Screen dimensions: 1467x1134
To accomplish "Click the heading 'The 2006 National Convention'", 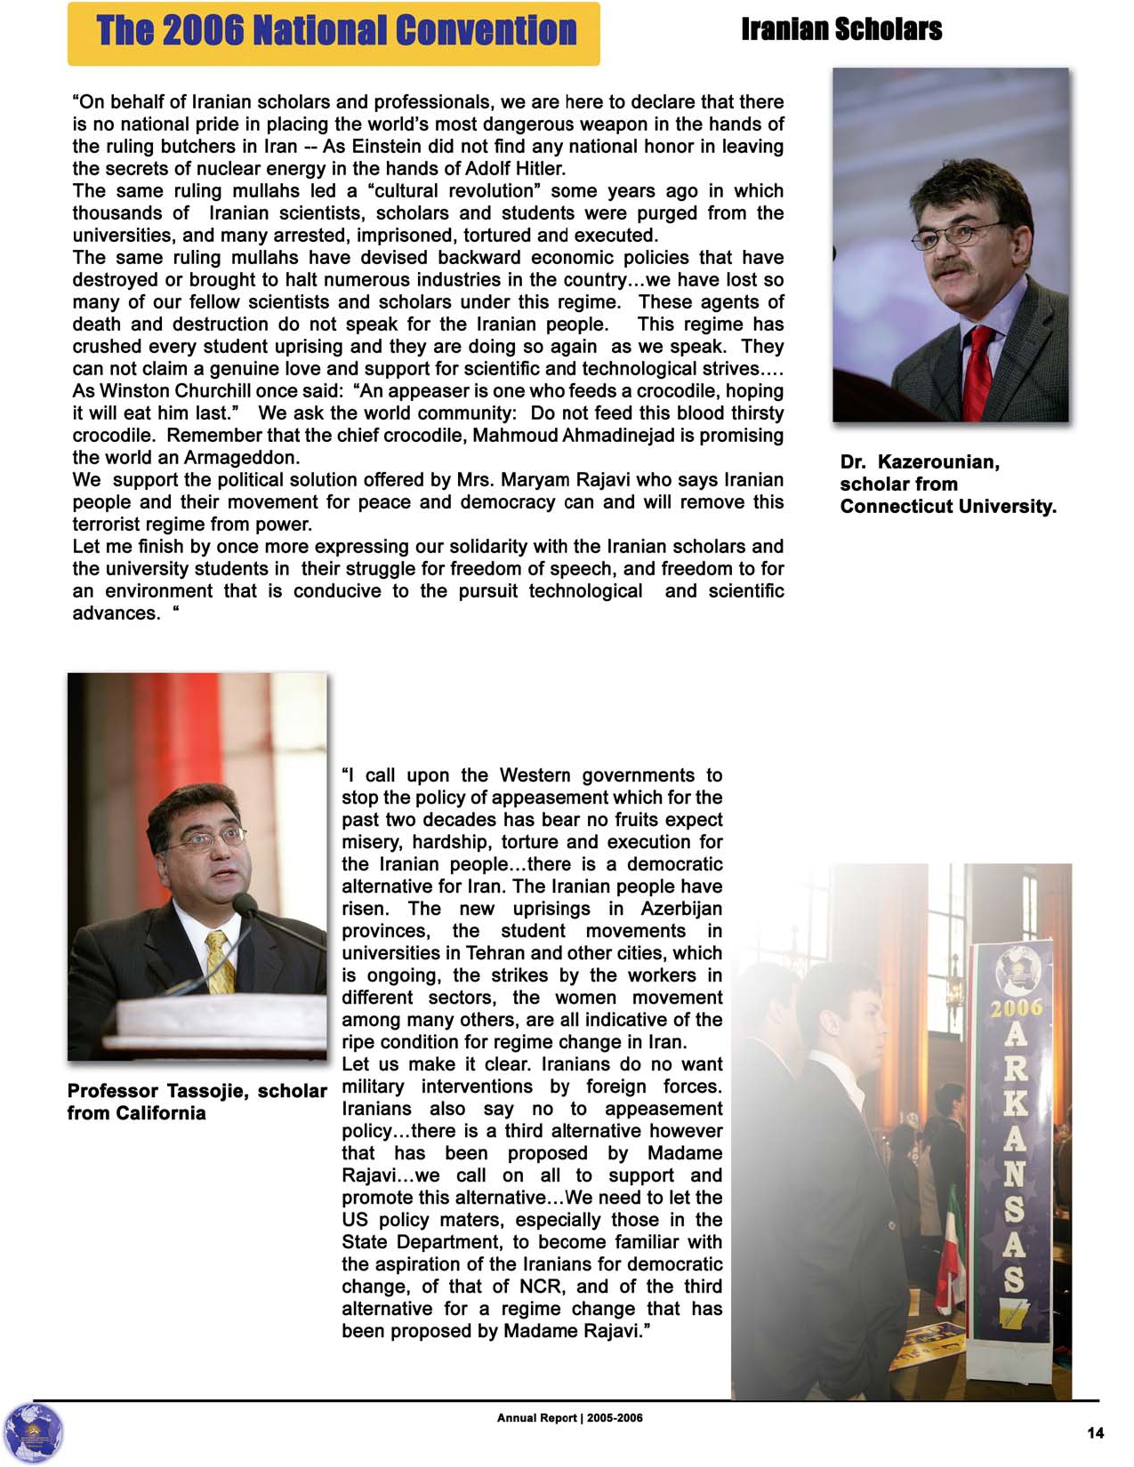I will tap(336, 31).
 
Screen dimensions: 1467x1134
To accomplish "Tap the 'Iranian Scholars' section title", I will tap(841, 29).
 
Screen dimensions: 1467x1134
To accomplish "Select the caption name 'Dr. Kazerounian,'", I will tap(920, 462).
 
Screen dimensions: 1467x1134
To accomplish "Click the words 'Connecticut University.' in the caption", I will tap(948, 507).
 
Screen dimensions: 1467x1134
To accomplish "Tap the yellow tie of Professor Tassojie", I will tap(219, 960).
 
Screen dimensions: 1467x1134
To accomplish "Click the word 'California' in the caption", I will tap(157, 1113).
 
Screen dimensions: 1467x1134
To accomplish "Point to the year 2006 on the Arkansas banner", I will tap(1016, 1008).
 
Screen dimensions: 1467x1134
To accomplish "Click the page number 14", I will tap(1095, 1432).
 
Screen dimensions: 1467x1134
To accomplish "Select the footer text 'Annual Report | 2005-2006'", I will tap(569, 1417).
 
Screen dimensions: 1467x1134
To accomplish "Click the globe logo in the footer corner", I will tap(33, 1432).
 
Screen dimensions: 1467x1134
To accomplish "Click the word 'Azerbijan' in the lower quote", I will tap(681, 909).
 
